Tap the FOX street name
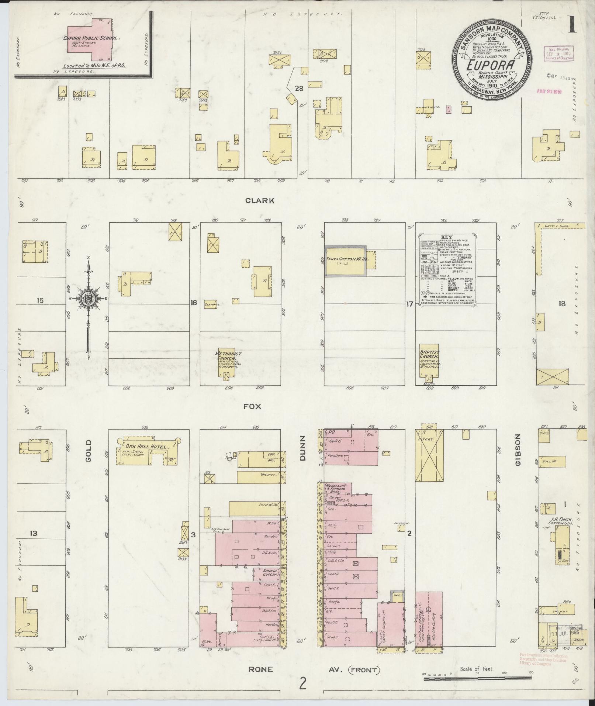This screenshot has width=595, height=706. tap(252, 406)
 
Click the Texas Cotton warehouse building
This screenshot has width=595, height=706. tap(345, 261)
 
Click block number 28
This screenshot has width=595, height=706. tap(299, 88)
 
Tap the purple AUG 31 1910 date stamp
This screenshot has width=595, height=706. tap(549, 91)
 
